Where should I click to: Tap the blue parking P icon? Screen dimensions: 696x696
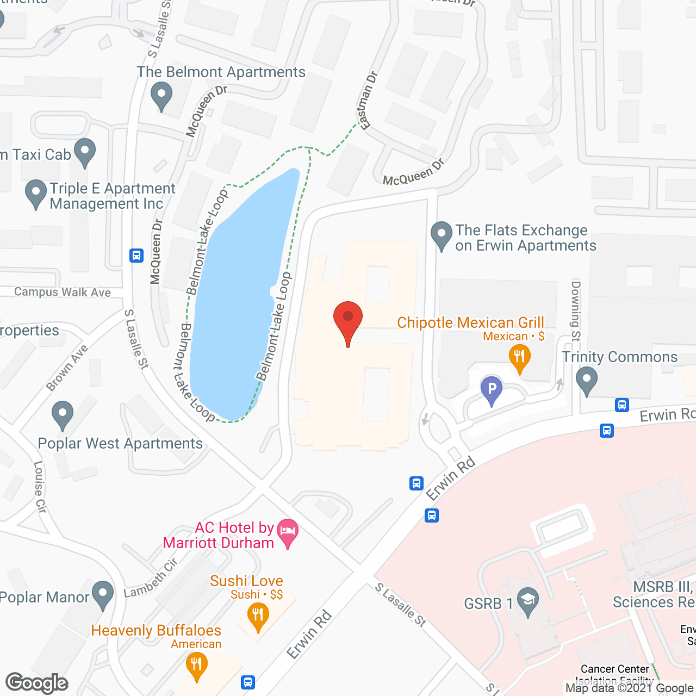(x=492, y=389)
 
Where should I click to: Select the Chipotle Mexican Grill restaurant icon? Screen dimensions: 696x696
(x=519, y=357)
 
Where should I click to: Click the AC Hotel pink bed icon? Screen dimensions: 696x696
(x=288, y=531)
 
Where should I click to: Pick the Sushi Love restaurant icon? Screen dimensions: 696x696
(x=258, y=616)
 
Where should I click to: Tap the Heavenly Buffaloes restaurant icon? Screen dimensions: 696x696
(x=196, y=665)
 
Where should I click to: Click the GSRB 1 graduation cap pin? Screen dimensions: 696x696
(x=527, y=601)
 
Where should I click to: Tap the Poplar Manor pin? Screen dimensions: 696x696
(x=103, y=594)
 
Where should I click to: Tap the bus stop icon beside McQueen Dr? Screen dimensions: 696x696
(x=136, y=255)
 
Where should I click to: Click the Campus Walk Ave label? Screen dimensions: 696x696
(x=63, y=292)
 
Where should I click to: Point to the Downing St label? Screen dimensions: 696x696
(x=576, y=310)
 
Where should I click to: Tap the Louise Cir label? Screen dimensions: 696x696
(x=40, y=487)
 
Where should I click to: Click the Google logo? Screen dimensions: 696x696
(x=37, y=683)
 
